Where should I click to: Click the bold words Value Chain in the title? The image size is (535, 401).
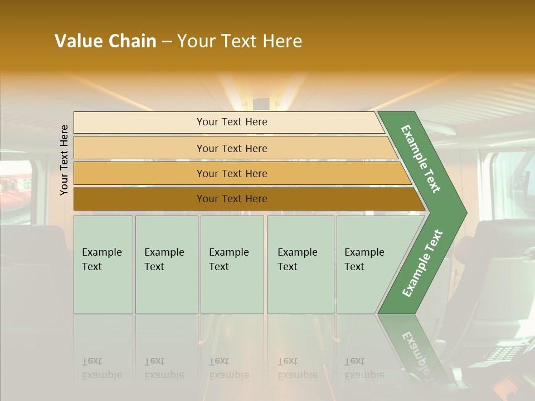coord(105,41)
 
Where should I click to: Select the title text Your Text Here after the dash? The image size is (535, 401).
coord(240,41)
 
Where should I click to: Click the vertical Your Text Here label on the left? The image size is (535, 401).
coord(64,160)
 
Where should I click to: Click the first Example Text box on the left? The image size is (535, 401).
coord(103,265)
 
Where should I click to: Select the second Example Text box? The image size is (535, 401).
coord(167,265)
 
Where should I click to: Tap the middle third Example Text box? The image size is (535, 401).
coord(232,265)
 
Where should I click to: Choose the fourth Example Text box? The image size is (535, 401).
coord(300,265)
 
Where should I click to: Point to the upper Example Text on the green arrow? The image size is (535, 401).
coord(421,159)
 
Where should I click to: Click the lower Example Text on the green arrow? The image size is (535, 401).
coord(422,263)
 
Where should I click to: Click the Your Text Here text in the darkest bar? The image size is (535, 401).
coord(232,199)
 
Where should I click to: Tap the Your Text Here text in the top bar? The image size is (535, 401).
coord(232,122)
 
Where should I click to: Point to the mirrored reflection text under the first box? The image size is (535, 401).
coord(101,368)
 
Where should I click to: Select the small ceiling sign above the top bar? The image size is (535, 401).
coord(261,104)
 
